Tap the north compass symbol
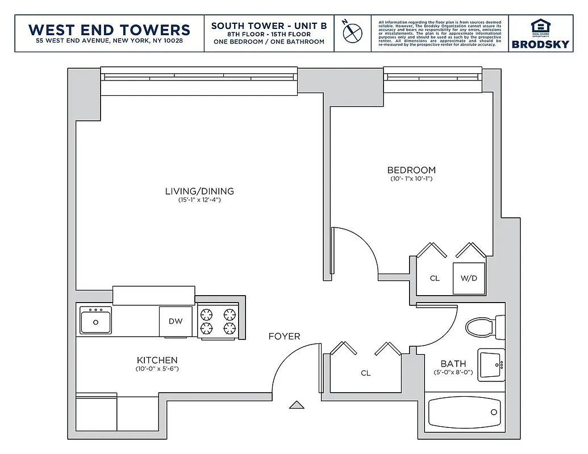[x=352, y=32]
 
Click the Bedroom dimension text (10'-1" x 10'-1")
[x=411, y=179]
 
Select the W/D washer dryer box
[x=469, y=278]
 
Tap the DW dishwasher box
[x=176, y=321]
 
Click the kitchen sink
[x=95, y=321]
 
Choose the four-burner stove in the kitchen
[x=219, y=321]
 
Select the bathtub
[x=465, y=413]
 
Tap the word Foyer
[x=284, y=337]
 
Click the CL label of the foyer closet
[x=366, y=373]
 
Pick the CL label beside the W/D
[x=435, y=278]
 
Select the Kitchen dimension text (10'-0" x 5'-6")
[x=157, y=369]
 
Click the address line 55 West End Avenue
[x=109, y=41]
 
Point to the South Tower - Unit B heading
[x=269, y=26]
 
